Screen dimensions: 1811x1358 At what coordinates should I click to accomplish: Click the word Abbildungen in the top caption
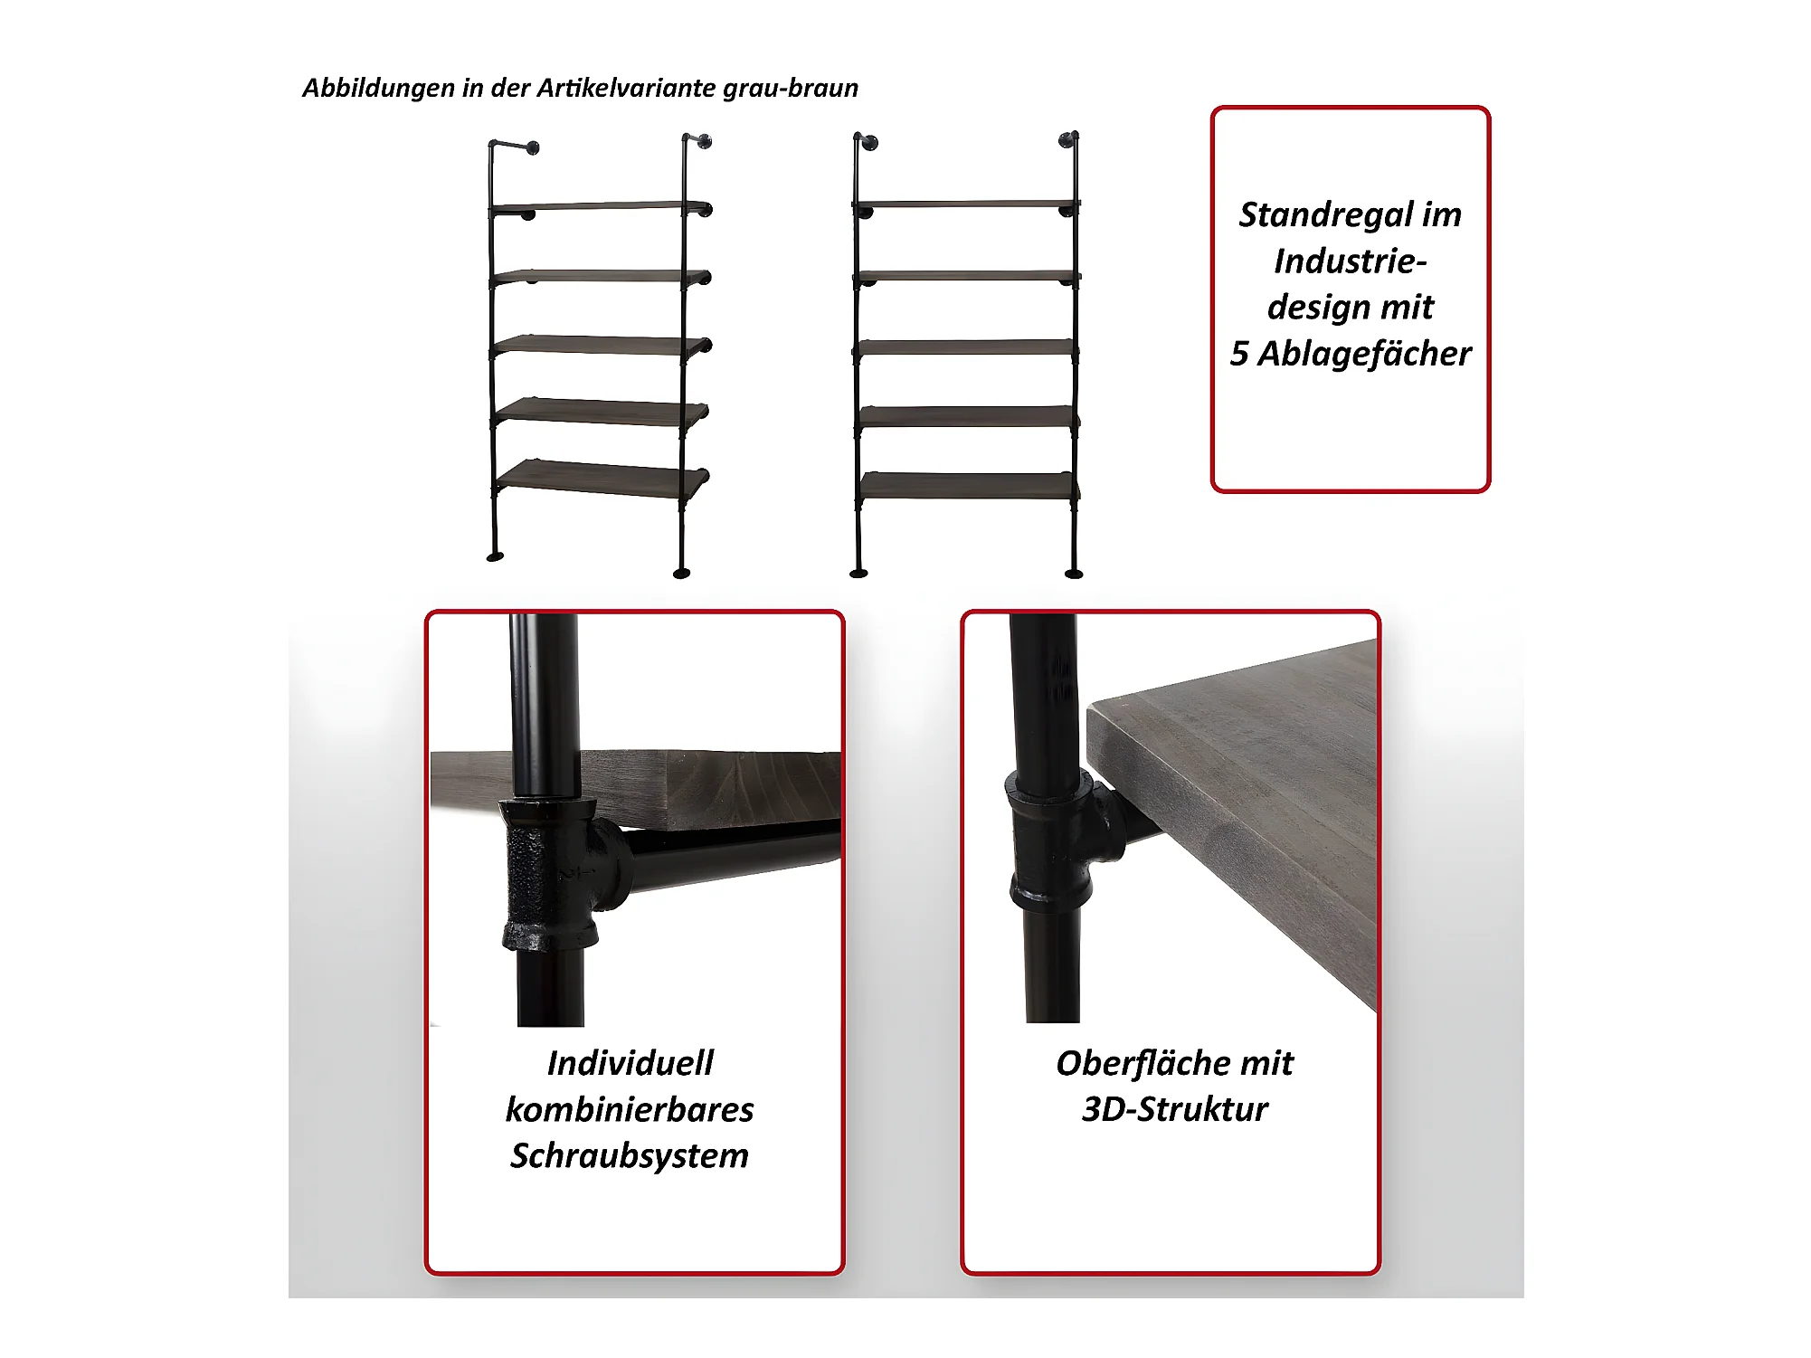[x=378, y=89]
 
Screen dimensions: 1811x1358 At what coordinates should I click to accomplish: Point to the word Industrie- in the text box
[x=1351, y=261]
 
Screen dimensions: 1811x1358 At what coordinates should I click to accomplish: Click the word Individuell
[x=631, y=1063]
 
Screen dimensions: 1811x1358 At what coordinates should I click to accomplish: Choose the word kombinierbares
[x=630, y=1109]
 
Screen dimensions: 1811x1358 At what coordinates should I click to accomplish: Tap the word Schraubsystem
[x=630, y=1156]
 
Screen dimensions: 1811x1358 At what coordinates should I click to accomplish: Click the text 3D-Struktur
[x=1175, y=1109]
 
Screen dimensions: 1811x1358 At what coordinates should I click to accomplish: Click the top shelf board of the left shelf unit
[x=599, y=207]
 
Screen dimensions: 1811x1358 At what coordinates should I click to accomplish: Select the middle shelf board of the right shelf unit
[x=965, y=347]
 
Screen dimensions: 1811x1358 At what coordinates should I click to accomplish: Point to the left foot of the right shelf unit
[x=858, y=572]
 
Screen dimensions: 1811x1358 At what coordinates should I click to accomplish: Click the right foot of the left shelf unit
[x=682, y=572]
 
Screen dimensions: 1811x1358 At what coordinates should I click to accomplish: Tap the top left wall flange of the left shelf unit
[x=533, y=148]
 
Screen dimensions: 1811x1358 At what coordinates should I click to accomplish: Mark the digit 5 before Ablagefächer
[x=1239, y=354]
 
